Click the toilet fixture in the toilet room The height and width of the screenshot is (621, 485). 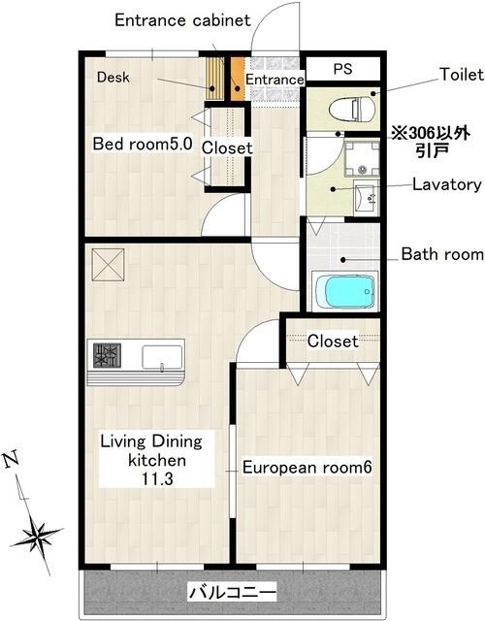(x=352, y=109)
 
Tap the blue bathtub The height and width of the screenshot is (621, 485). (x=349, y=292)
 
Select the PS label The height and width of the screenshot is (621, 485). (x=342, y=69)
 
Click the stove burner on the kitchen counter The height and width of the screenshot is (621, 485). (x=107, y=355)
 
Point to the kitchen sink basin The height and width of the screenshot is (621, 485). (x=162, y=357)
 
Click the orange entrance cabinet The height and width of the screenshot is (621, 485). (x=238, y=80)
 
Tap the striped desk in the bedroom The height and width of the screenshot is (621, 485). (x=215, y=79)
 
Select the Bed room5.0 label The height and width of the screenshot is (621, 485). (x=143, y=144)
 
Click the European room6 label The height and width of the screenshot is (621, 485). (x=307, y=468)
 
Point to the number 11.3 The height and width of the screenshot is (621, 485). (x=157, y=479)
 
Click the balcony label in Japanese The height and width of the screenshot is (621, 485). (x=232, y=593)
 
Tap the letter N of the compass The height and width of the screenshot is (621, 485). (x=11, y=460)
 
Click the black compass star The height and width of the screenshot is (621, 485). (x=37, y=535)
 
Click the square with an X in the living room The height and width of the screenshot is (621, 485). (x=108, y=265)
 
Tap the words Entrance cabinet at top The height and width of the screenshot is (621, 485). (x=182, y=20)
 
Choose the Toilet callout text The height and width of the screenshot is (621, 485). (x=462, y=74)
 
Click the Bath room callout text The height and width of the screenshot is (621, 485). (x=442, y=254)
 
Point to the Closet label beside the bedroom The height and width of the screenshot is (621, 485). (x=227, y=147)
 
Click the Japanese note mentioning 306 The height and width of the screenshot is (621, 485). (x=431, y=142)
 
